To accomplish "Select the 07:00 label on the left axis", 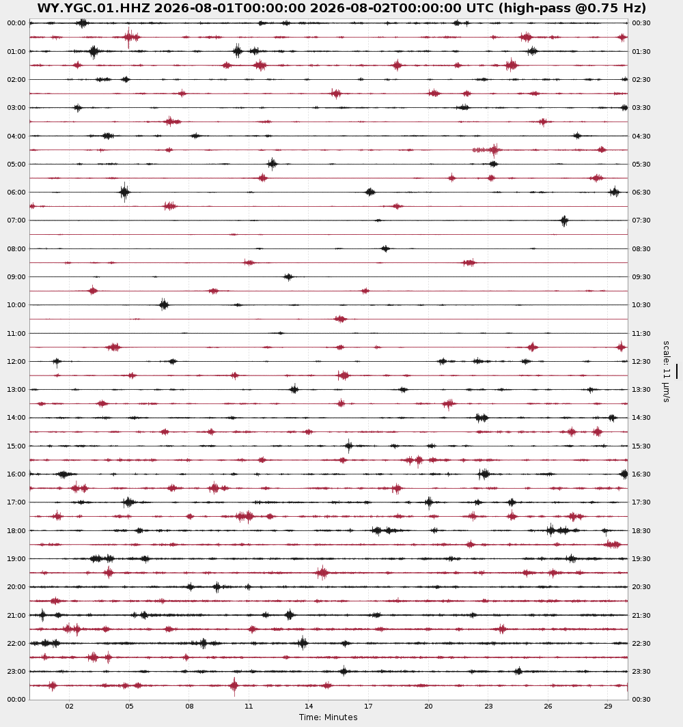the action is [x=16, y=220].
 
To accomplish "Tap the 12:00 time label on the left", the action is [x=16, y=361].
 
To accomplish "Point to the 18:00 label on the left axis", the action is [x=16, y=530].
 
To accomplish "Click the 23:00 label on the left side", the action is [x=16, y=671].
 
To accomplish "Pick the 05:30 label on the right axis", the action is [x=641, y=164].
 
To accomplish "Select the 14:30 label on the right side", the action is [x=641, y=417].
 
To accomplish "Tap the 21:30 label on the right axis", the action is [x=641, y=615].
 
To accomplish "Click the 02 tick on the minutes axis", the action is [x=69, y=706].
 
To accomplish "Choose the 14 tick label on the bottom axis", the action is [x=309, y=706].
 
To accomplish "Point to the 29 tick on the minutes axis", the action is [x=608, y=706].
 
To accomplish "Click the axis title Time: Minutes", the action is [x=328, y=717].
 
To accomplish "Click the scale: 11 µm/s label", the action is [x=667, y=371].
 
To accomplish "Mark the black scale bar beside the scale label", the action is [x=676, y=371].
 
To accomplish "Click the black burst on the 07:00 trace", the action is [x=564, y=220].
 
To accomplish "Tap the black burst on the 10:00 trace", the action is [x=164, y=304].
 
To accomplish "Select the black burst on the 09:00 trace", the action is [x=289, y=276].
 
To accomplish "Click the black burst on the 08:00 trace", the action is [x=385, y=249].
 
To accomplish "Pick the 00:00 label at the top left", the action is [x=16, y=23].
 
